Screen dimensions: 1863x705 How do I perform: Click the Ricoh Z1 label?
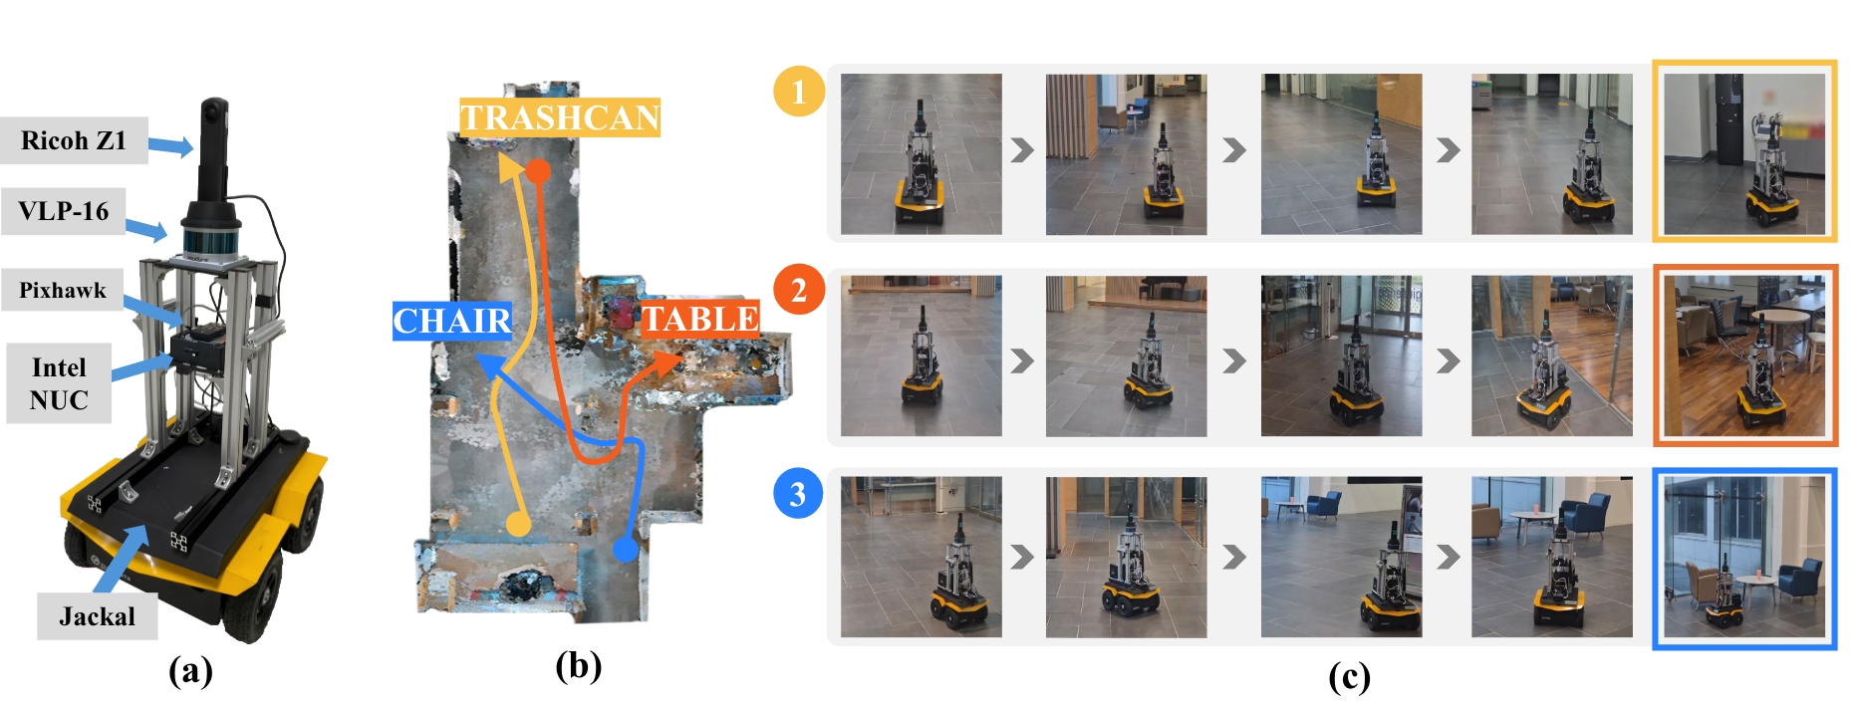(75, 140)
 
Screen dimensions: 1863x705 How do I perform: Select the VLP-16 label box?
(64, 211)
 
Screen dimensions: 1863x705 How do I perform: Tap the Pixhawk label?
(63, 290)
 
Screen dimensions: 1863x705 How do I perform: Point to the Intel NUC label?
(59, 383)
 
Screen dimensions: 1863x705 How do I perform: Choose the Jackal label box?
(98, 616)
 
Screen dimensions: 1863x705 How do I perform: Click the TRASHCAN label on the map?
(560, 117)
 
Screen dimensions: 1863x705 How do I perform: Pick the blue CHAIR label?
(452, 321)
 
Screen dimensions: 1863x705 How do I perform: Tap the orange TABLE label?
(700, 319)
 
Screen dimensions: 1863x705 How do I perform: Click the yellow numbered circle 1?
(799, 92)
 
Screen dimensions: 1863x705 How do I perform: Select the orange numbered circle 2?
(799, 290)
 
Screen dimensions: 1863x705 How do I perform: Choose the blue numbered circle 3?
(798, 494)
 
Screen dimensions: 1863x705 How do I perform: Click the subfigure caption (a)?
(190, 670)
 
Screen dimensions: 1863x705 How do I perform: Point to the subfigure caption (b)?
(579, 664)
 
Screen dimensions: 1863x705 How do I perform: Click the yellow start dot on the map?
(518, 523)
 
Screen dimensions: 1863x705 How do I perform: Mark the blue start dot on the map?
(626, 549)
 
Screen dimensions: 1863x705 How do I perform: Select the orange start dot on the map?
(538, 171)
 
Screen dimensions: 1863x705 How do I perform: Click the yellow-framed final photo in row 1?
(1744, 151)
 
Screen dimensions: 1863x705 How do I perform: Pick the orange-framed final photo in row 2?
(1745, 355)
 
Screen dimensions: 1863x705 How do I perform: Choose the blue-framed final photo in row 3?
(1744, 559)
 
